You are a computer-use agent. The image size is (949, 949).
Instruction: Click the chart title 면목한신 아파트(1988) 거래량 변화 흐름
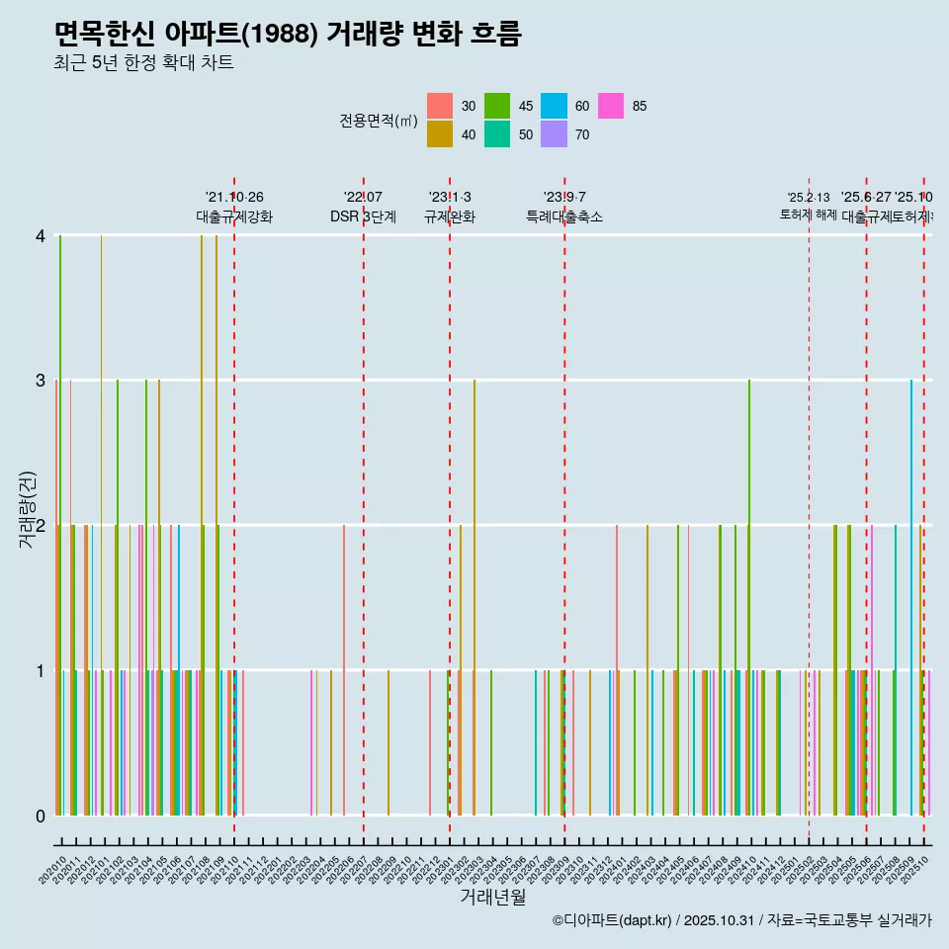(x=288, y=34)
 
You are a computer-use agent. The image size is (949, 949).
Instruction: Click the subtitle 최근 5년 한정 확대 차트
(x=144, y=63)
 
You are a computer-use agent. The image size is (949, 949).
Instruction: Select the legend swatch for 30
(x=440, y=106)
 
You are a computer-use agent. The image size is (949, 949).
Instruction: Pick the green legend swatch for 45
(x=497, y=106)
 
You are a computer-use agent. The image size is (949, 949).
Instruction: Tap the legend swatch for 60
(x=554, y=106)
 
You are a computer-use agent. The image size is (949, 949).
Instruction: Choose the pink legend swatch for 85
(x=611, y=106)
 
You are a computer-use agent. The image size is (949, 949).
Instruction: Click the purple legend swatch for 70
(x=554, y=134)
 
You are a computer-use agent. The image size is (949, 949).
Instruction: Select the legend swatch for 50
(x=497, y=134)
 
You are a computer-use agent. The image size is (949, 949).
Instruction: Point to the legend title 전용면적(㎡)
(x=379, y=121)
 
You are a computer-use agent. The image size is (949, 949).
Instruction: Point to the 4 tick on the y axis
(x=41, y=236)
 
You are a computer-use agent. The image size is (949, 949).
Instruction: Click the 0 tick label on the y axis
(x=41, y=816)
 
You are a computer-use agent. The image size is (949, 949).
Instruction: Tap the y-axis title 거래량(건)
(x=28, y=525)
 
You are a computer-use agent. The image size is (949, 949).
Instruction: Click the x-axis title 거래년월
(x=492, y=897)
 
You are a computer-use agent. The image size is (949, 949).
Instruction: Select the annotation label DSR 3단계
(x=363, y=216)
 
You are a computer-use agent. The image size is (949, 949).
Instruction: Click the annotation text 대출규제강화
(x=234, y=216)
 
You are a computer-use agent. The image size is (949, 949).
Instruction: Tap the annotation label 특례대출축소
(x=563, y=216)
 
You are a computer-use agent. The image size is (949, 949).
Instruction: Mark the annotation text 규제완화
(x=450, y=216)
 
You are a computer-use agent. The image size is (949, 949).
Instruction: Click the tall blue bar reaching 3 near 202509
(x=911, y=593)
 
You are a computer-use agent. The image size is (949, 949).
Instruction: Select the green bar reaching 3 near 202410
(x=749, y=593)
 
